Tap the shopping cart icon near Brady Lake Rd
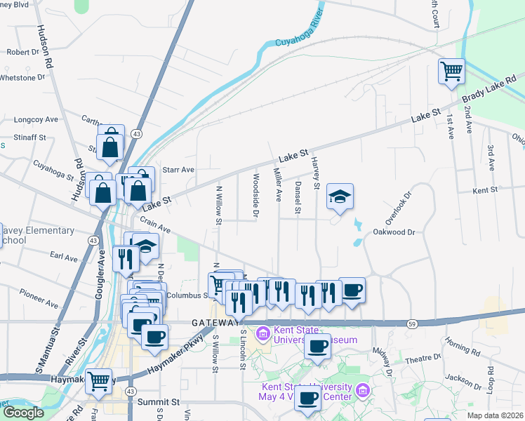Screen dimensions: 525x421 (451, 71)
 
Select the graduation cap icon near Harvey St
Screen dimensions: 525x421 (340, 196)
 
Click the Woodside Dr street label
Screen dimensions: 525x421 (255, 194)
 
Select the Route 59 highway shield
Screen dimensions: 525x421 (413, 323)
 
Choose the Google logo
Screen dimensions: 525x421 (23, 412)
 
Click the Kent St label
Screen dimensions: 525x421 (485, 190)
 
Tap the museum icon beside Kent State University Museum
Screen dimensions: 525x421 (263, 332)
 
